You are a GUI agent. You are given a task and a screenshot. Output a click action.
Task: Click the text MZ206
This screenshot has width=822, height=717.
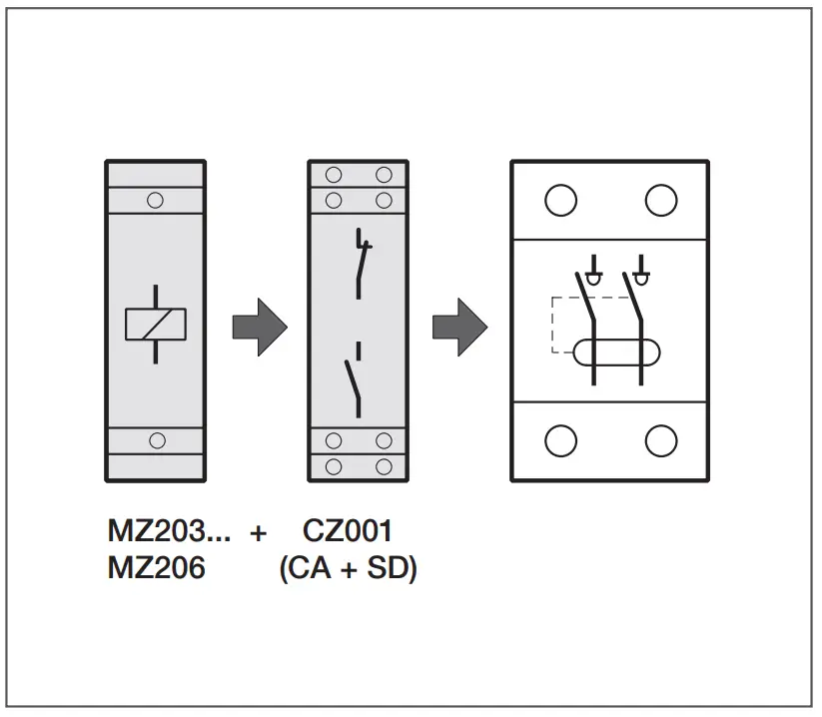pos(156,568)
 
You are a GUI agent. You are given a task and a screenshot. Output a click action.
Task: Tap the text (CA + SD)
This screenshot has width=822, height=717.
pos(348,568)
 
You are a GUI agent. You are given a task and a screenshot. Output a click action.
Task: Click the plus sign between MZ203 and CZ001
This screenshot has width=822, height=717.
pos(258,533)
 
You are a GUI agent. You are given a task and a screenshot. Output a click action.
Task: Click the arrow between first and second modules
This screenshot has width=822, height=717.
pos(260,326)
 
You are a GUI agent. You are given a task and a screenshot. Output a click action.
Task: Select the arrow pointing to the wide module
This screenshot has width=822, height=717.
pos(459,326)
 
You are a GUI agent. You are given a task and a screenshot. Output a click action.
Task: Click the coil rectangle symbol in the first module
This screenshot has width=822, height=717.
pos(156,325)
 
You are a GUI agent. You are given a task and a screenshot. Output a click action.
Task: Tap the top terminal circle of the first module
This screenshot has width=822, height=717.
pos(155,200)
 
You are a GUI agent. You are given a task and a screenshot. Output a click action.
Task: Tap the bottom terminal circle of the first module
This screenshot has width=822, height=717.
pos(156,440)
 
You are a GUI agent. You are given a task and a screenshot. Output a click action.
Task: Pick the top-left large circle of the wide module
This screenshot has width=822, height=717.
pos(560,201)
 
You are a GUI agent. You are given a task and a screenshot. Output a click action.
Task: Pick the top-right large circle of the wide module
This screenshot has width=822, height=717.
pos(660,201)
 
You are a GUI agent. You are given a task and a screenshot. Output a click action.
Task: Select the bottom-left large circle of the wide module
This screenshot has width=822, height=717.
pos(560,440)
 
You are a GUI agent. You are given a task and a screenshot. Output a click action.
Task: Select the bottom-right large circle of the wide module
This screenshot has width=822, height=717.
pos(660,440)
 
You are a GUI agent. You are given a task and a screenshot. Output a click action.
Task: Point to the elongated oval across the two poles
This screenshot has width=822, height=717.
pos(616,352)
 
